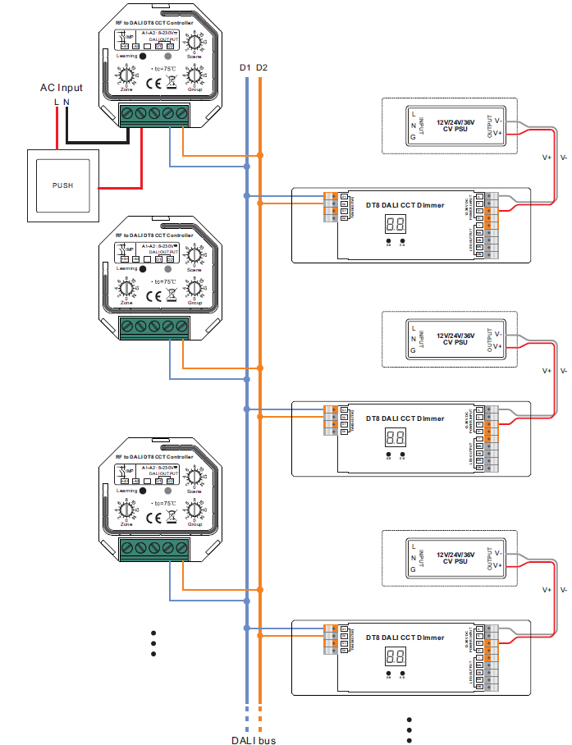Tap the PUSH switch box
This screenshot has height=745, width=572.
click(62, 185)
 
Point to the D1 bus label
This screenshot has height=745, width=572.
click(245, 66)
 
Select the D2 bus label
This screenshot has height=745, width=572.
click(261, 66)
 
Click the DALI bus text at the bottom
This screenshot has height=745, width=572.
click(253, 739)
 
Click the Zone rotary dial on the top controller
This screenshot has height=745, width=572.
click(126, 75)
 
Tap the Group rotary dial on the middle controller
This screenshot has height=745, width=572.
click(194, 288)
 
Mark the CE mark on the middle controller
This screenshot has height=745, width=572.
click(153, 297)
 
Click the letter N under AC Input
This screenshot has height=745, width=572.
click(66, 102)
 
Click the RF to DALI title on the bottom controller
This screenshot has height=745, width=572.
click(154, 456)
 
